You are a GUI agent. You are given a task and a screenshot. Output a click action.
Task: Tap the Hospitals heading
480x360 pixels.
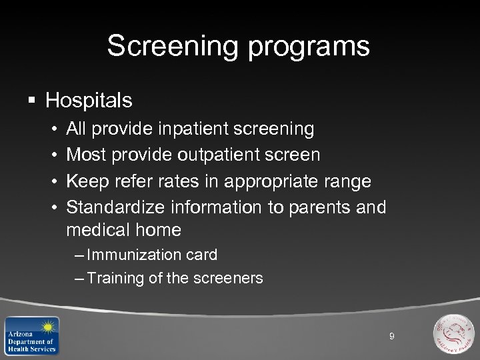89,101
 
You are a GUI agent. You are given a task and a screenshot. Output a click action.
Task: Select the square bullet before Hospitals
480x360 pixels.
31,101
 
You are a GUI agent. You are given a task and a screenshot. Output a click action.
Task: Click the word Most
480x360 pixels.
87,155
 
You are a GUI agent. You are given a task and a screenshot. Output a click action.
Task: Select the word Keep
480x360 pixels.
87,181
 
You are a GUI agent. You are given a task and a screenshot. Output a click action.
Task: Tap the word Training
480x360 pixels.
115,278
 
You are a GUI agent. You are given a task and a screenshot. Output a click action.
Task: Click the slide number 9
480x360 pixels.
392,337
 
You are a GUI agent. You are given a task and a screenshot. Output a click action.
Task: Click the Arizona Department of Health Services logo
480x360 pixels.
31,335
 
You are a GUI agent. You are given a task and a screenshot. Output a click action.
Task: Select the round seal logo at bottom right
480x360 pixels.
453,334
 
